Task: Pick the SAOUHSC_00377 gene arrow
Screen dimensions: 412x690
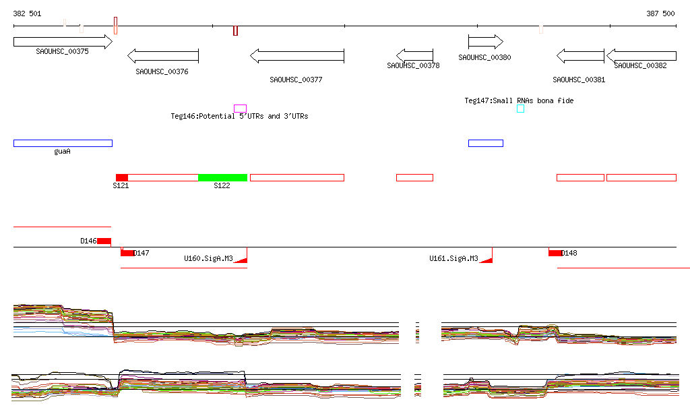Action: point(296,56)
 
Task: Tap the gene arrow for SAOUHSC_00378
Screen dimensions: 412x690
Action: point(414,55)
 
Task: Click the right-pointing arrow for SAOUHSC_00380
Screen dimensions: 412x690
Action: point(485,42)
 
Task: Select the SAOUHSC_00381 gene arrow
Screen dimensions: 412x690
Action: point(579,56)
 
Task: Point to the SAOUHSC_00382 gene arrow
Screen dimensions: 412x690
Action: point(641,56)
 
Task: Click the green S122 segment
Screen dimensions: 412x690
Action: point(223,177)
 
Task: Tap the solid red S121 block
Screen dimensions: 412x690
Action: point(122,177)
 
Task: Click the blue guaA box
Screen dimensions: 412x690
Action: point(63,143)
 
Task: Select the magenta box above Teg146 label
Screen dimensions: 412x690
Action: point(240,108)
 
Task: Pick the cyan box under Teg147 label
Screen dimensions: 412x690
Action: point(520,109)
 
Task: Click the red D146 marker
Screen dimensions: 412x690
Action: point(104,241)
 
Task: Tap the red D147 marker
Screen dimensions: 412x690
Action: point(127,252)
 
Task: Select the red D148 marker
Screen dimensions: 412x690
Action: point(555,253)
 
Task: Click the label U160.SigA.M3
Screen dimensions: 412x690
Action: point(208,258)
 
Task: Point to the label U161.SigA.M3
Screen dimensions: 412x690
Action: point(453,258)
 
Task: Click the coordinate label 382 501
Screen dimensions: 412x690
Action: point(27,13)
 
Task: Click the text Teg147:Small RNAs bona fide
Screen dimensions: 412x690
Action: point(519,100)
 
